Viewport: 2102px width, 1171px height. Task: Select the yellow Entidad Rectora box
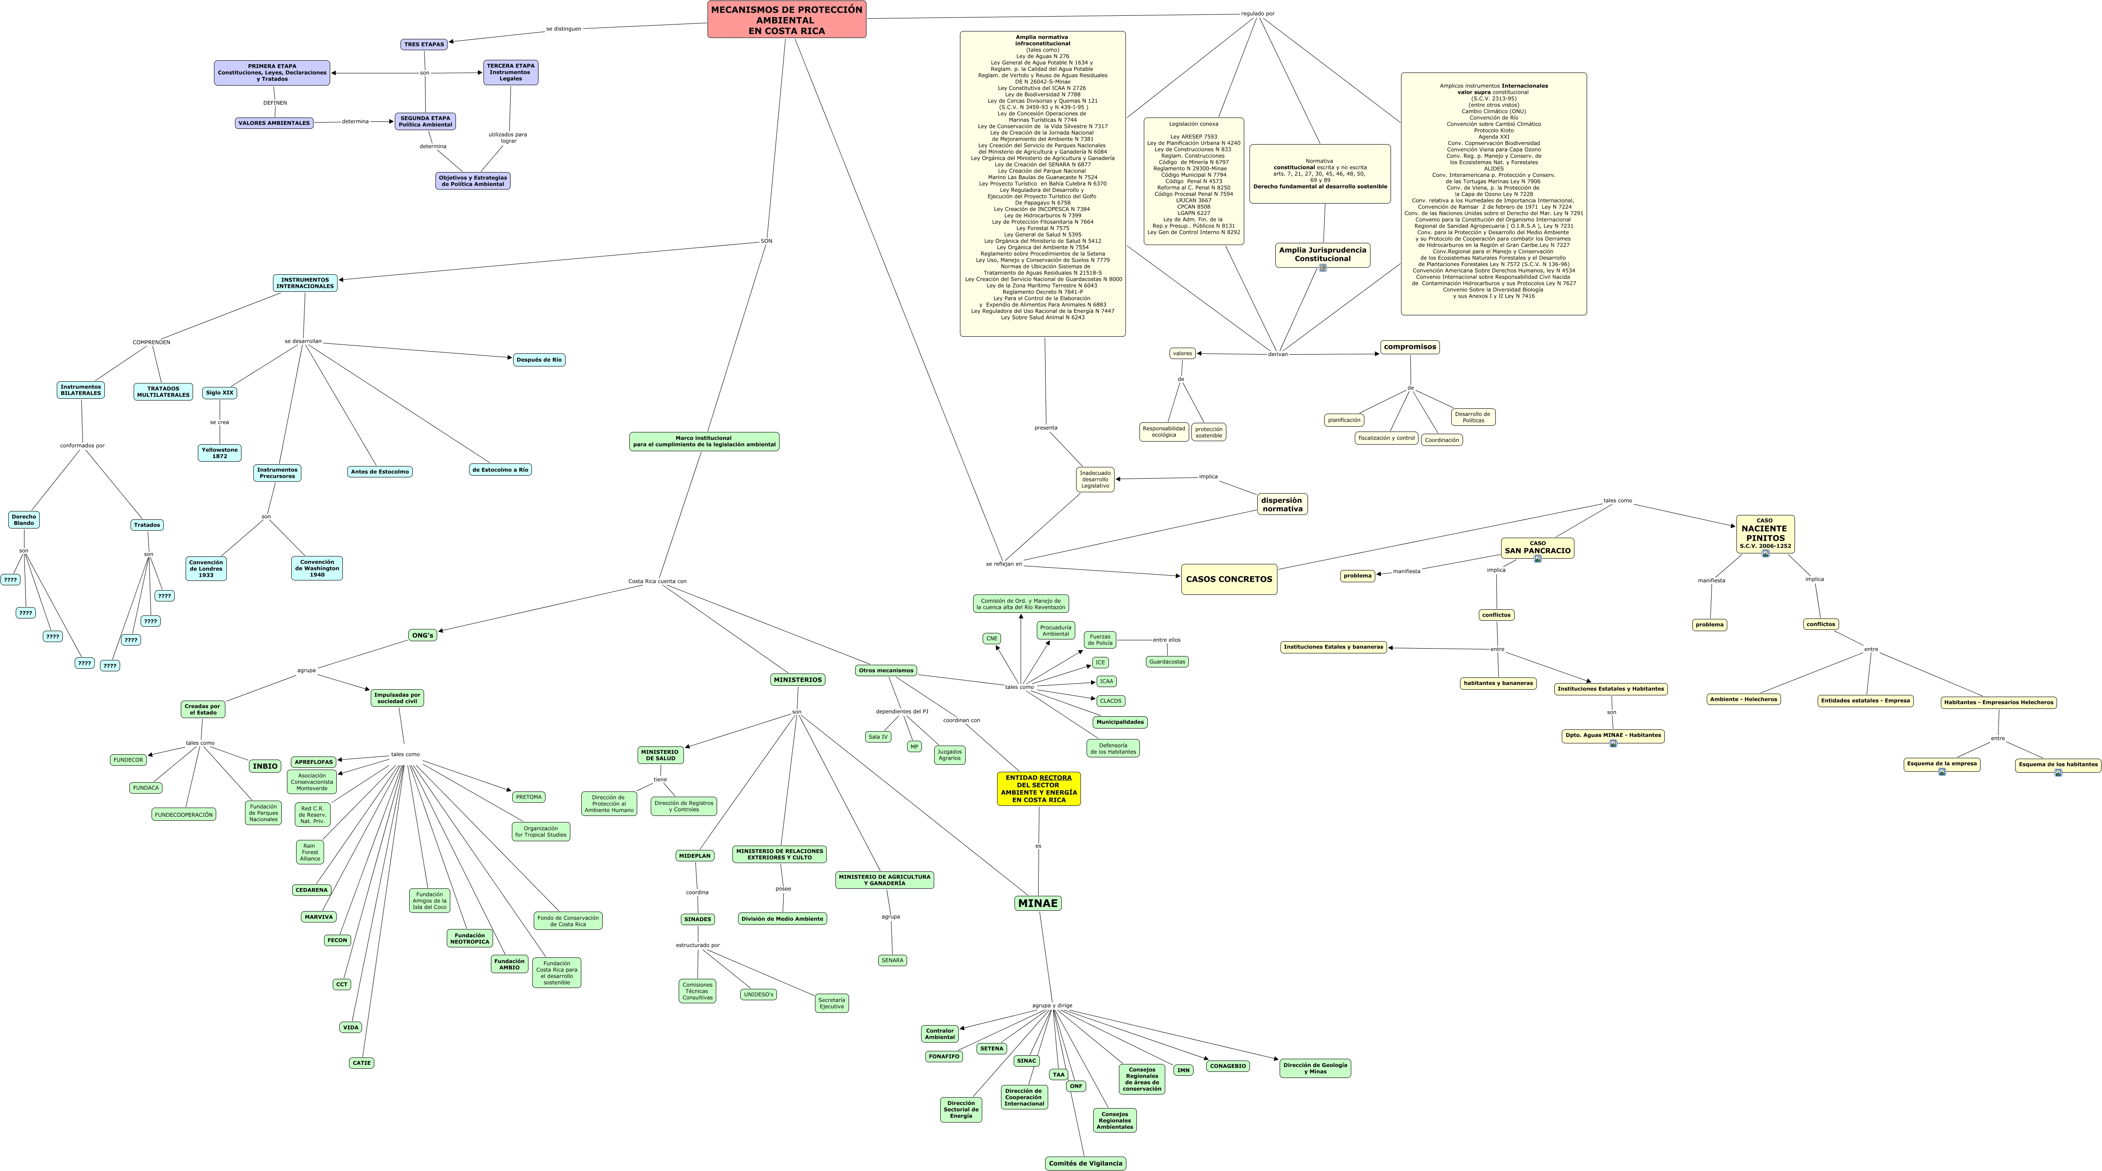tap(1038, 788)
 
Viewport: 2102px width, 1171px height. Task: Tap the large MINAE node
tap(1038, 902)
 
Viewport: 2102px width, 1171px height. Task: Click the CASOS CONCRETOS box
tap(1229, 579)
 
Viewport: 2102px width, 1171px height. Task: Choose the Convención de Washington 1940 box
tap(317, 568)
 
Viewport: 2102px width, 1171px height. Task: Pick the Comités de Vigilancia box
tap(1085, 1163)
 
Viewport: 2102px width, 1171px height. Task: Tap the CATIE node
tap(361, 1063)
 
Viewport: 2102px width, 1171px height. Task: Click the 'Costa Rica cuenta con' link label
tap(657, 581)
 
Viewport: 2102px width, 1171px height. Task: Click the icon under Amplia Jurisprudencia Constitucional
tap(1323, 268)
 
